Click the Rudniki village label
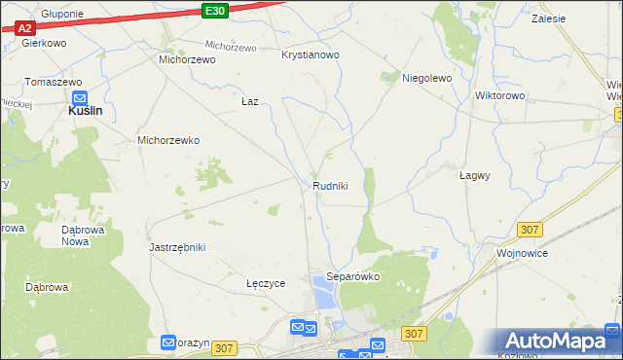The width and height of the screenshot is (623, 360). [330, 186]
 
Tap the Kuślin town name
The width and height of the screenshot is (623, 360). [87, 112]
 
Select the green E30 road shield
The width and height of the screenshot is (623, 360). [216, 10]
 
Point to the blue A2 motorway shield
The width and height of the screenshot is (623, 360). [25, 28]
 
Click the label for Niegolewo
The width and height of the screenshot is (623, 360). [427, 78]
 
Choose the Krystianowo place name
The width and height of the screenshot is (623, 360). [310, 55]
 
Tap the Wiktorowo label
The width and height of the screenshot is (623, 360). [499, 96]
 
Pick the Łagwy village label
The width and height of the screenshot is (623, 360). [474, 176]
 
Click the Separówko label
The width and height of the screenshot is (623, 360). [352, 276]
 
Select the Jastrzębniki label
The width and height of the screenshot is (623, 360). [177, 247]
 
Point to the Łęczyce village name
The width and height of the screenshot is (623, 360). [266, 283]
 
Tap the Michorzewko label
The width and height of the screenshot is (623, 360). [168, 140]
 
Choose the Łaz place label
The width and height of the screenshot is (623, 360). [249, 101]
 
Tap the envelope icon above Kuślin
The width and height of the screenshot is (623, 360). [81, 97]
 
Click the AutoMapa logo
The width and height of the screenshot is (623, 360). [558, 342]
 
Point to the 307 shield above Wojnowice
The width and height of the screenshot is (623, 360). [530, 229]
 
